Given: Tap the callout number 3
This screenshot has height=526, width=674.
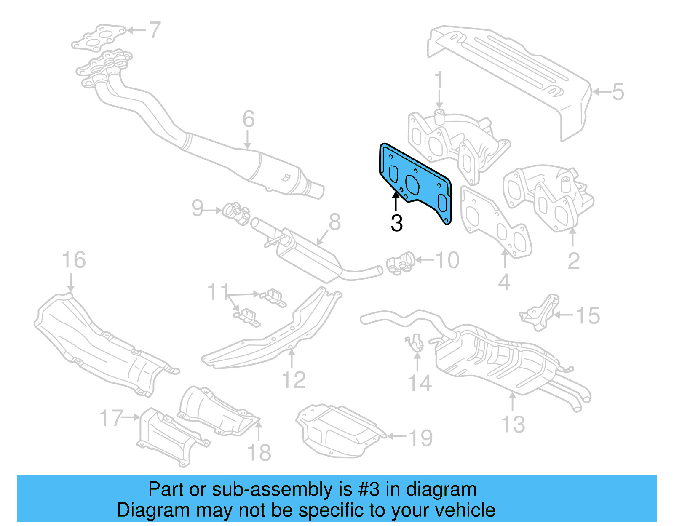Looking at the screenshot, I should tap(396, 223).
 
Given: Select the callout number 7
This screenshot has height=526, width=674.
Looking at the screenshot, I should tap(155, 30).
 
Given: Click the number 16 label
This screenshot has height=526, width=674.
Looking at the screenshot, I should tap(74, 260).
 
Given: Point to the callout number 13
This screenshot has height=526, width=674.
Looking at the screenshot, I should tap(513, 424).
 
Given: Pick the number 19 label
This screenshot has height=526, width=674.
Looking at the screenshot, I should tap(420, 438).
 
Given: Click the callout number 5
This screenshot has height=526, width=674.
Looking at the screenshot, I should tap(618, 92).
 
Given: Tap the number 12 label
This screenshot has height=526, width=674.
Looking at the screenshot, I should tap(294, 380).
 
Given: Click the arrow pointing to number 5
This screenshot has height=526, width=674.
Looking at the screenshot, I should tap(600, 91).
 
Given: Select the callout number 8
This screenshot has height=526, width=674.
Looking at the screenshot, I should tap(334, 222).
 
